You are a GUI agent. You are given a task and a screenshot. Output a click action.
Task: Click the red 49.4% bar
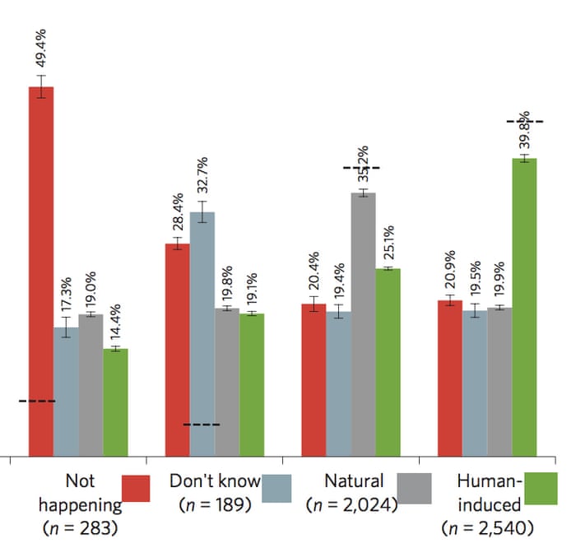click(x=41, y=272)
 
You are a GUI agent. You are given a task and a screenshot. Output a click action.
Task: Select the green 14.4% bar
click(x=115, y=402)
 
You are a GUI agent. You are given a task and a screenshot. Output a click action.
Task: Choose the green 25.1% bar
click(x=388, y=362)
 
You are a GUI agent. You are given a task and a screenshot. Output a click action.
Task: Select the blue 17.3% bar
click(x=67, y=392)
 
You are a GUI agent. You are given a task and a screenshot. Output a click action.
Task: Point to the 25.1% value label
click(x=388, y=244)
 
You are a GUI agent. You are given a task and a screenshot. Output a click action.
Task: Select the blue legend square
click(x=277, y=488)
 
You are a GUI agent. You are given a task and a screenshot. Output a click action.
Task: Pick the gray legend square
click(x=414, y=488)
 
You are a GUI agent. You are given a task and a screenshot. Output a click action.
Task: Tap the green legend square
click(x=541, y=488)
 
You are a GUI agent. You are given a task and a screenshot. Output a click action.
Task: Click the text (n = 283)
click(x=77, y=527)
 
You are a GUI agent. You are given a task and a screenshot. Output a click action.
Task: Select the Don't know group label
click(x=214, y=481)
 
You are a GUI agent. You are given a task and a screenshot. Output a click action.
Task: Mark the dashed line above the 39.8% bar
click(x=524, y=121)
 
